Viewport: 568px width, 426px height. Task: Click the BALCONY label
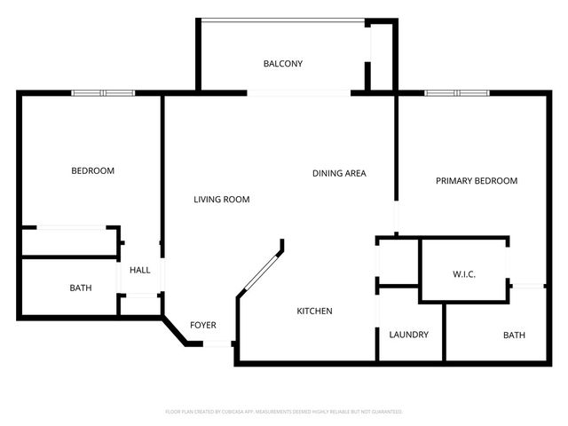pyautogui.click(x=283, y=64)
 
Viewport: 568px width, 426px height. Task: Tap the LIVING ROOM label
pyautogui.click(x=222, y=200)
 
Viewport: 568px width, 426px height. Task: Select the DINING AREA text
pyautogui.click(x=339, y=173)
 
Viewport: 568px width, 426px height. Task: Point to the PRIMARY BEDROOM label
pyautogui.click(x=477, y=181)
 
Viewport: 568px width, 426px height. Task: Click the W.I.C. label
pyautogui.click(x=463, y=275)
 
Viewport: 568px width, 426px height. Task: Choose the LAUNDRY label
pyautogui.click(x=409, y=335)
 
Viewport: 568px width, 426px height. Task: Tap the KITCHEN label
pyautogui.click(x=314, y=312)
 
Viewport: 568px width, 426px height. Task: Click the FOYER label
pyautogui.click(x=203, y=326)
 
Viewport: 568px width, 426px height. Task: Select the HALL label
pyautogui.click(x=140, y=271)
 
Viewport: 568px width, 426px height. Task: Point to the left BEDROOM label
pyautogui.click(x=92, y=171)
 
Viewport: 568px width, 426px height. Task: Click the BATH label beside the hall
pyautogui.click(x=81, y=288)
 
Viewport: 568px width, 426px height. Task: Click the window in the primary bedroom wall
pyautogui.click(x=455, y=92)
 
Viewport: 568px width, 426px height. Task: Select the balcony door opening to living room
pyautogui.click(x=299, y=92)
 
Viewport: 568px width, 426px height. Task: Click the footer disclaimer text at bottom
pyautogui.click(x=284, y=412)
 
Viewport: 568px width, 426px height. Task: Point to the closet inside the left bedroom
pyautogui.click(x=69, y=241)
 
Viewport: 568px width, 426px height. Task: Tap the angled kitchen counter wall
pyautogui.click(x=259, y=270)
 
